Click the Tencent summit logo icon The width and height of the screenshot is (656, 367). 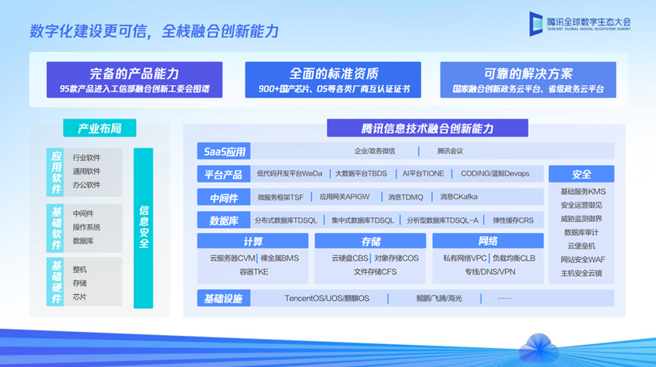tap(535, 24)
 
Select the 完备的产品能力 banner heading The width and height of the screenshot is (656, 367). tap(134, 74)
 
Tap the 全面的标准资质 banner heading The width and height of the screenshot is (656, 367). tap(333, 74)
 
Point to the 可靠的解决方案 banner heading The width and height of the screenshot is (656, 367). tap(528, 74)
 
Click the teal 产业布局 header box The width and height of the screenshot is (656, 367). tap(99, 128)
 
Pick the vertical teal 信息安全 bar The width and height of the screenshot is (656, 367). tap(143, 228)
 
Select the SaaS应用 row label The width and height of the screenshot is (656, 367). tap(224, 151)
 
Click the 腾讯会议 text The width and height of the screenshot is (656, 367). tap(450, 151)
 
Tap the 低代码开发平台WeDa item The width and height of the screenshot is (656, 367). tap(289, 174)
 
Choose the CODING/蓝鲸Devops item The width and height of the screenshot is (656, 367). tap(495, 174)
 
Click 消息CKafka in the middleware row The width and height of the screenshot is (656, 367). tap(459, 197)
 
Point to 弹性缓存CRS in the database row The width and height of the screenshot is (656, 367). tap(513, 220)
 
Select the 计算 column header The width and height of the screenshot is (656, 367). tap(253, 241)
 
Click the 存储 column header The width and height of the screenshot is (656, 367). tap(371, 241)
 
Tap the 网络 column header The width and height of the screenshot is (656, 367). tap(487, 241)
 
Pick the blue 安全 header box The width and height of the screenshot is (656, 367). tap(582, 174)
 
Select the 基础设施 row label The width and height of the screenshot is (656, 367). tap(224, 299)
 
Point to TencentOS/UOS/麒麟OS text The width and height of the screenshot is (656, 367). tap(326, 299)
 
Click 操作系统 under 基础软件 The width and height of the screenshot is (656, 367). tap(87, 227)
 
